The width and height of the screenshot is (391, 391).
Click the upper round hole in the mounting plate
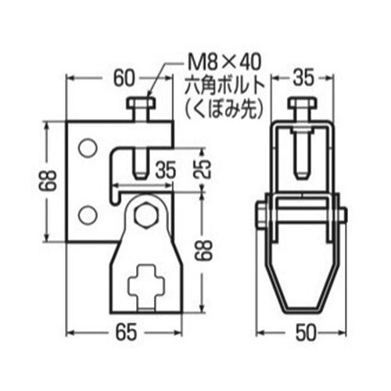point(88,146)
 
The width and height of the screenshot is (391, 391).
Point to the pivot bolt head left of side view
point(258,213)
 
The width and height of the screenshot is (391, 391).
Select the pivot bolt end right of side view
point(343,213)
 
